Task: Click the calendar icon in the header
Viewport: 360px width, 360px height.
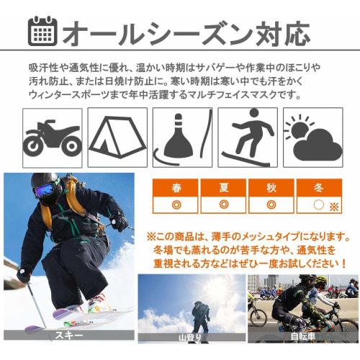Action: pyautogui.click(x=42, y=31)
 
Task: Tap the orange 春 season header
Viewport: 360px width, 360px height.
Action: pyautogui.click(x=176, y=188)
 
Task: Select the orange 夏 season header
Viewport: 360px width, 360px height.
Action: pyautogui.click(x=224, y=188)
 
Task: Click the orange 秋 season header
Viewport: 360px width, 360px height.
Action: pyautogui.click(x=271, y=188)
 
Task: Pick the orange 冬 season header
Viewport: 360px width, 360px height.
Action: pyautogui.click(x=319, y=188)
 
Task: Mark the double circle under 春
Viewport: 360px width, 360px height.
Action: pyautogui.click(x=176, y=204)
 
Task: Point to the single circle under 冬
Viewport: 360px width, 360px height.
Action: pyautogui.click(x=318, y=204)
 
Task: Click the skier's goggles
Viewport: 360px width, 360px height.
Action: pyautogui.click(x=45, y=191)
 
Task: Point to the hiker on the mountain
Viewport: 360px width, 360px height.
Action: pyautogui.click(x=201, y=315)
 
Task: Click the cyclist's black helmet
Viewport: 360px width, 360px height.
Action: pyautogui.click(x=307, y=279)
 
